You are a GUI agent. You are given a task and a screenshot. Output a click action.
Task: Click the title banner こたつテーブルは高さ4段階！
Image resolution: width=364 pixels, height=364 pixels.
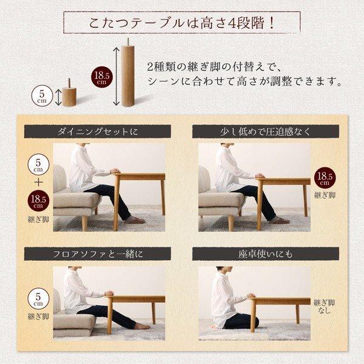pyautogui.click(x=181, y=25)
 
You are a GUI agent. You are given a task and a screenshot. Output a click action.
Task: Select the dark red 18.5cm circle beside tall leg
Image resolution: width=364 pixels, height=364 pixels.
pyautogui.click(x=102, y=78)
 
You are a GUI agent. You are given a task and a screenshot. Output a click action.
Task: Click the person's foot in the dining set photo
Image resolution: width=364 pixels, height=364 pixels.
pyautogui.click(x=136, y=220)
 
